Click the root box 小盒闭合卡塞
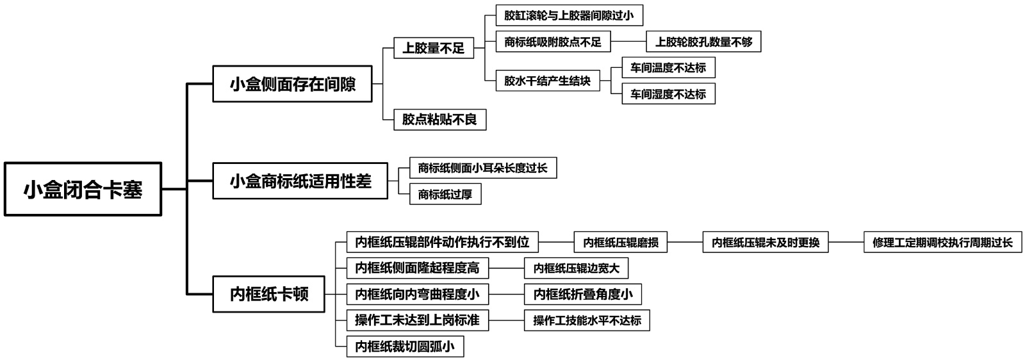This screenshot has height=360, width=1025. [83, 190]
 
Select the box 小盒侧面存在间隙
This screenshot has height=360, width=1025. [292, 84]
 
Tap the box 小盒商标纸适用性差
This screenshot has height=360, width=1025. [300, 181]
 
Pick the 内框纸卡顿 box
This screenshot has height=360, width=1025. [269, 294]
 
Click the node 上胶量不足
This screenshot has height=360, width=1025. [433, 48]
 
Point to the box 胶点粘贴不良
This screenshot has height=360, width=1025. [439, 119]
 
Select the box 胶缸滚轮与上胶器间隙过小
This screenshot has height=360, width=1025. [569, 15]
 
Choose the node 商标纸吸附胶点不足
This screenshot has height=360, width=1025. [553, 42]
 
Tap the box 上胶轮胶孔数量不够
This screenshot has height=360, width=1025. [703, 42]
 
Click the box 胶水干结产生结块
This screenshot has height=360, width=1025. [548, 81]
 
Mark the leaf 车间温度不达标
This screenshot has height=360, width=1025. [668, 68]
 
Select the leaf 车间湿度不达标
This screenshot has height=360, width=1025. [668, 94]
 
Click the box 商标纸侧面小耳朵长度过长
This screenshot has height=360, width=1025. [483, 168]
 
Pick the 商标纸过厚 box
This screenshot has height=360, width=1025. [445, 194]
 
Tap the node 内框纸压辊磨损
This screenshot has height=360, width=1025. [620, 243]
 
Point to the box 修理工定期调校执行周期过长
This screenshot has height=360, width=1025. [942, 243]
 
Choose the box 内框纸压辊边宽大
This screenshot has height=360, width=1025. [577, 268]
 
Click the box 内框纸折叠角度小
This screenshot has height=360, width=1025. [582, 294]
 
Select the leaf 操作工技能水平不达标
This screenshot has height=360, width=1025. [587, 320]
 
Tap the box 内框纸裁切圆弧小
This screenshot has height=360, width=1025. [405, 347]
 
